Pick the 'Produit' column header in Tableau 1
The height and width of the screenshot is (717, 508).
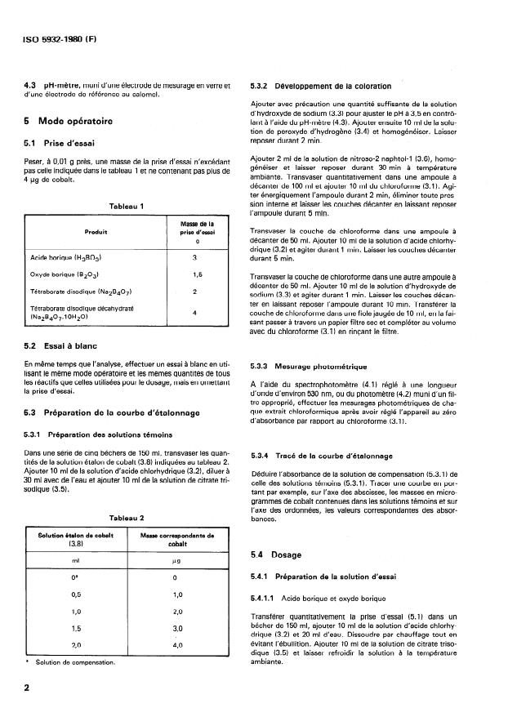tap(97, 231)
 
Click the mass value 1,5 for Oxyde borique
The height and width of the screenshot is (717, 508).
tap(195, 275)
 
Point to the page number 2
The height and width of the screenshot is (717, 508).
tap(29, 688)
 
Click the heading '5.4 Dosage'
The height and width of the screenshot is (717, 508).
tap(278, 532)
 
